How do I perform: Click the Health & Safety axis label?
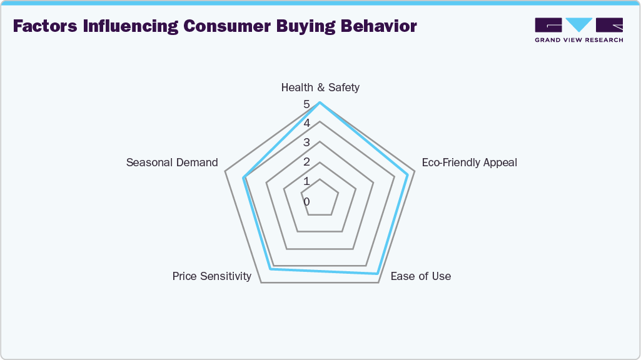[x=320, y=87]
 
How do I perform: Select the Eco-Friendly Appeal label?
[x=469, y=162]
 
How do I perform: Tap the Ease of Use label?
[x=420, y=276]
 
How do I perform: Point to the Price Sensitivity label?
[x=212, y=276]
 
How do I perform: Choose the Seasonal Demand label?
[x=172, y=162]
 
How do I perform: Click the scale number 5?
[x=306, y=104]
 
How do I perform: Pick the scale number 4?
[x=306, y=124]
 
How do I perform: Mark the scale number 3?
[x=306, y=143]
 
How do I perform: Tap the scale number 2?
[x=306, y=162]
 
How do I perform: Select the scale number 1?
[x=306, y=182]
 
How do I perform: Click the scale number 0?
[x=306, y=202]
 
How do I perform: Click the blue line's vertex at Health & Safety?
[x=320, y=103]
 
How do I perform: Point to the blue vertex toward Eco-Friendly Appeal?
[x=407, y=174]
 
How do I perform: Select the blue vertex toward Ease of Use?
[x=376, y=273]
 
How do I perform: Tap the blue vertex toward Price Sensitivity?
[x=270, y=269]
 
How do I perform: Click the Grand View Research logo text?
[x=578, y=40]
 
